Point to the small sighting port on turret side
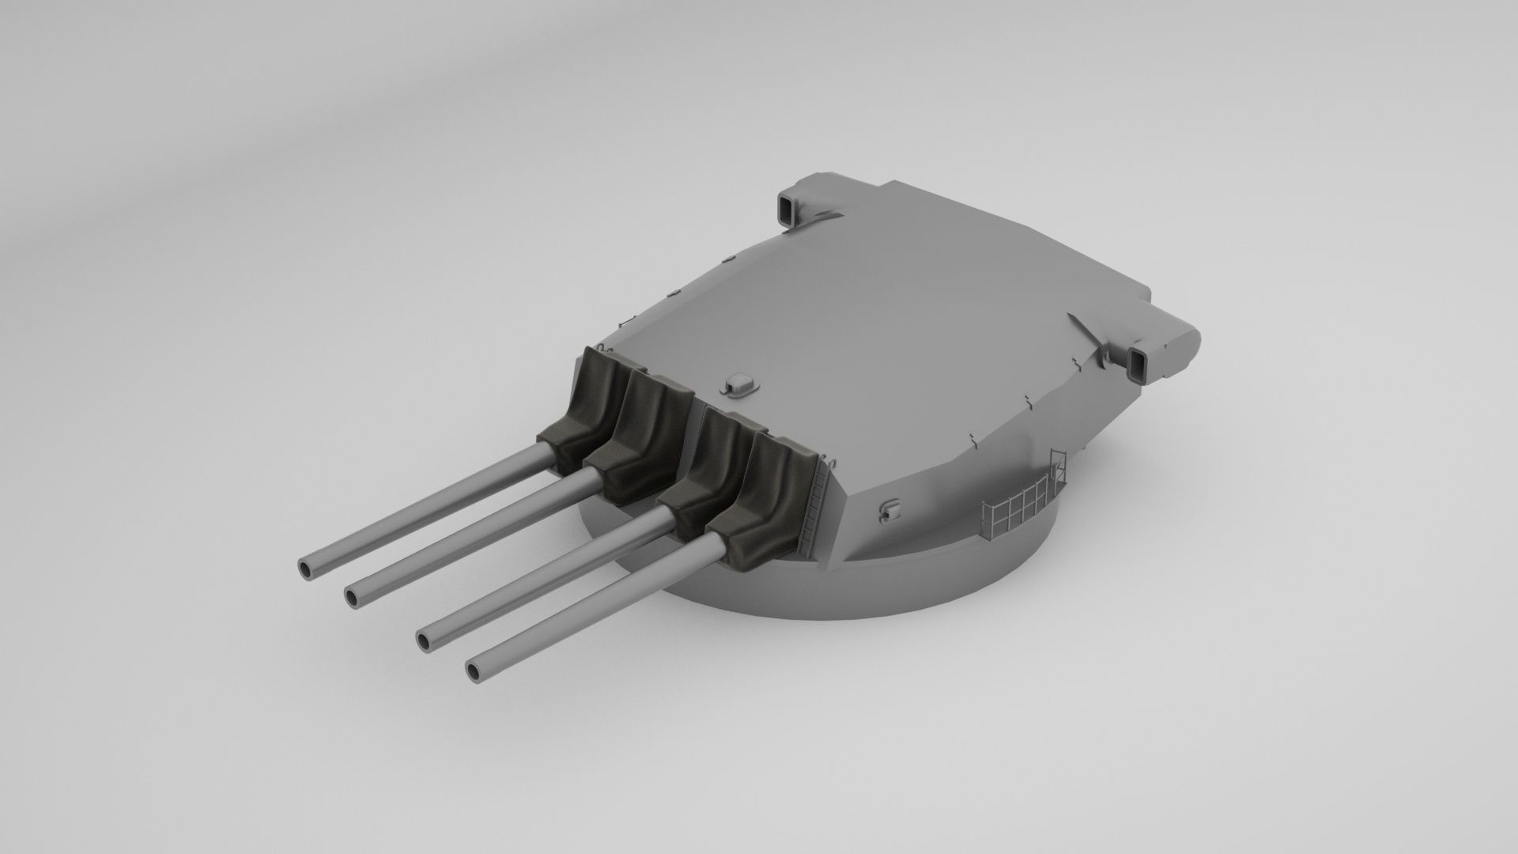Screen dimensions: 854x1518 (x=889, y=510)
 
